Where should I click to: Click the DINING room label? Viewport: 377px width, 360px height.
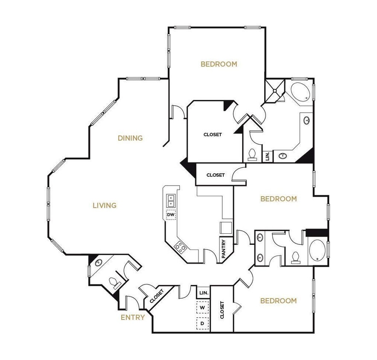pyautogui.click(x=130, y=138)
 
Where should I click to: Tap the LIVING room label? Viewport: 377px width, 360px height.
pyautogui.click(x=105, y=206)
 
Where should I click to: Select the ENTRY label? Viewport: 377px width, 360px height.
pyautogui.click(x=133, y=317)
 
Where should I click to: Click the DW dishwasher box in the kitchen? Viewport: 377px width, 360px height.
pyautogui.click(x=171, y=215)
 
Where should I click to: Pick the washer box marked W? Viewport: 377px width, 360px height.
pyautogui.click(x=202, y=307)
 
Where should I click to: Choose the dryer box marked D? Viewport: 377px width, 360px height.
pyautogui.click(x=202, y=323)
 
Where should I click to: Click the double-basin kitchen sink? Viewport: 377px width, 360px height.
pyautogui.click(x=171, y=200)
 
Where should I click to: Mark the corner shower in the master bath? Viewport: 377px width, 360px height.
pyautogui.click(x=275, y=90)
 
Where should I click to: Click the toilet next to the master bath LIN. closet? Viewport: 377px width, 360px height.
pyautogui.click(x=251, y=154)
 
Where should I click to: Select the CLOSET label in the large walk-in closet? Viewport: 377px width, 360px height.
pyautogui.click(x=213, y=134)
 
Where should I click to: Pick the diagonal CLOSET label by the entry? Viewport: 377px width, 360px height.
pyautogui.click(x=157, y=296)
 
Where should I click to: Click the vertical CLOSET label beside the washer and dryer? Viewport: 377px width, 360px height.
pyautogui.click(x=222, y=311)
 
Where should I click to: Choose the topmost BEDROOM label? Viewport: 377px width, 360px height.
pyautogui.click(x=219, y=64)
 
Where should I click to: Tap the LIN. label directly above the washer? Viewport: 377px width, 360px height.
pyautogui.click(x=203, y=293)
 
